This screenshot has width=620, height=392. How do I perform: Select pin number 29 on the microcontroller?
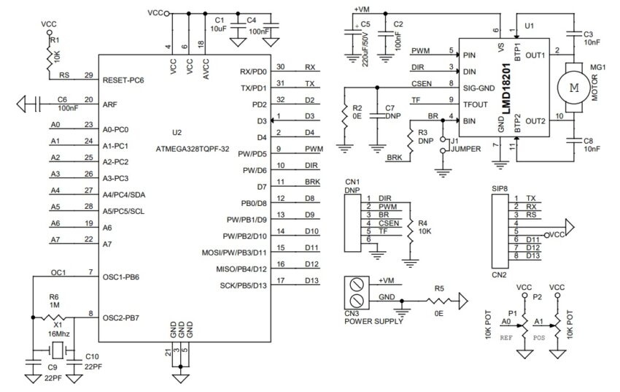tap(88, 74)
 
